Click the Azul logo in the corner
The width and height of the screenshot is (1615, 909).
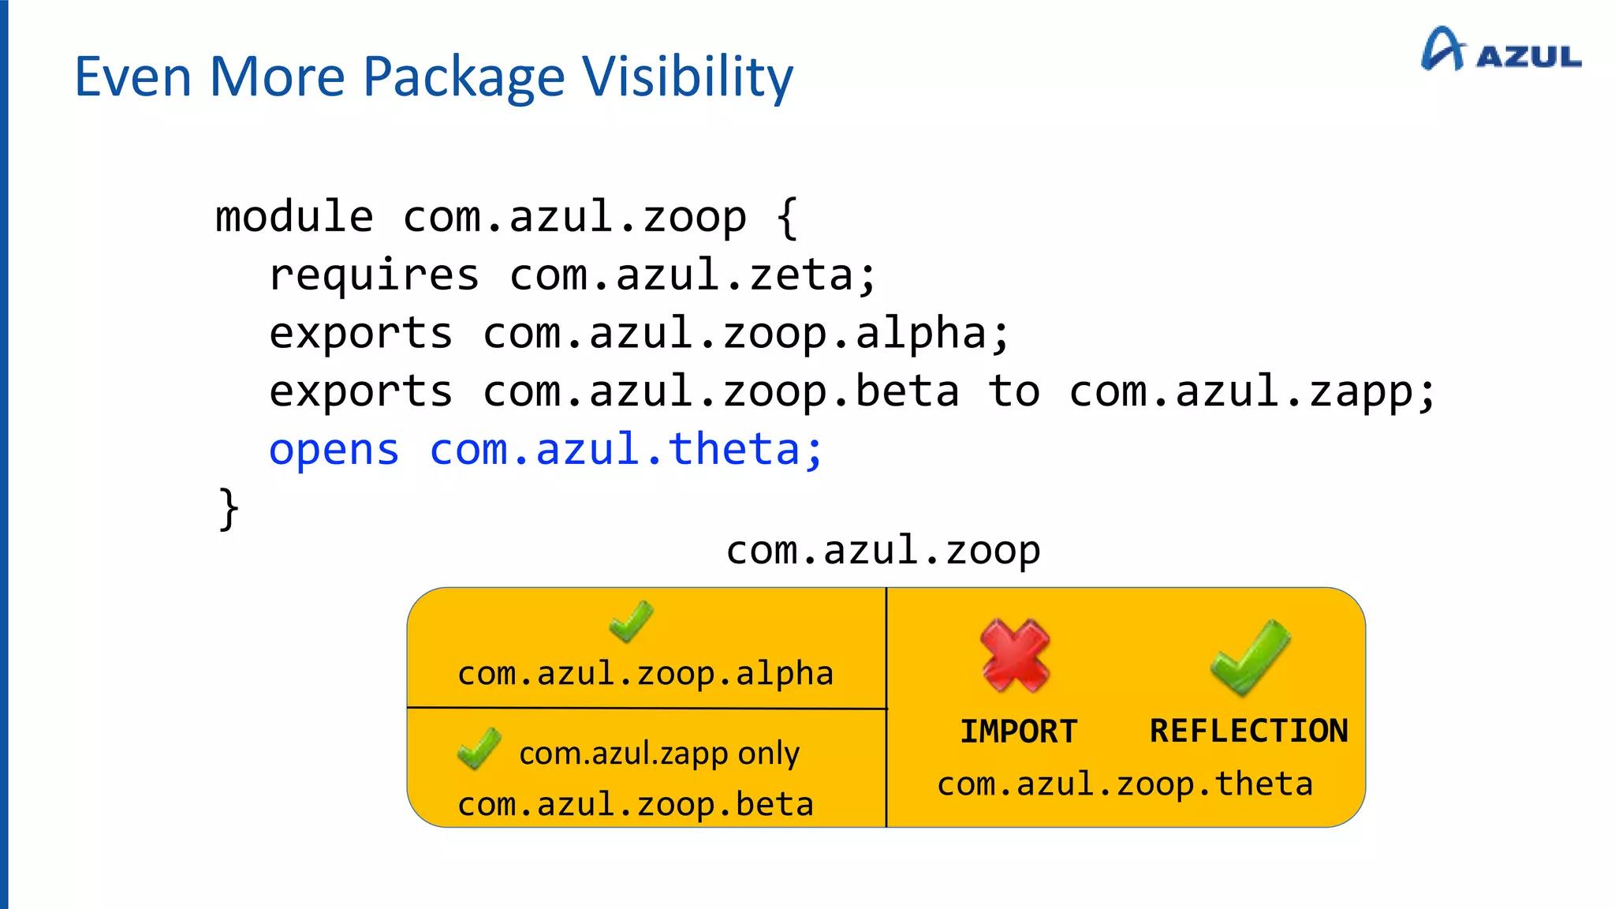1500,50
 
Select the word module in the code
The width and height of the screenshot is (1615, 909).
294,217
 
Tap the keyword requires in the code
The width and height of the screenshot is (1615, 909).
374,275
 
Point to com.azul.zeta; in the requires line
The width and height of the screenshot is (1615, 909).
692,275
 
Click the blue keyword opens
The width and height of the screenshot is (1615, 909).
334,450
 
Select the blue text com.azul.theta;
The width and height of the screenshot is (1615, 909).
626,450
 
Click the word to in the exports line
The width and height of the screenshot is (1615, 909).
1013,391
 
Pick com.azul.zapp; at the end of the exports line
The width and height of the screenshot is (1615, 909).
1252,391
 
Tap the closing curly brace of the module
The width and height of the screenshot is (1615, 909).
228,509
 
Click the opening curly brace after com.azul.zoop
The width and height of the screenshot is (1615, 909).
786,217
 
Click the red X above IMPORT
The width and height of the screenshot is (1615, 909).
1015,655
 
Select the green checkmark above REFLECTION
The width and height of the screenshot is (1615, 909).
1250,656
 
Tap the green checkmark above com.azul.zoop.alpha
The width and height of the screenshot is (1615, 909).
631,621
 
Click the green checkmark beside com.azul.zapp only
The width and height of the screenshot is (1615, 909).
479,748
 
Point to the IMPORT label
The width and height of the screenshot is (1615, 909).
1018,731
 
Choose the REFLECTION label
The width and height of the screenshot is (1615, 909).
1248,731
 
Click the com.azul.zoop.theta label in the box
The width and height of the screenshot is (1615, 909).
1125,784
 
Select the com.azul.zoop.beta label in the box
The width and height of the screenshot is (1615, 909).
635,805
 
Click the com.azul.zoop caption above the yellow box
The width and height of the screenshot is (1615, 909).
882,550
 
